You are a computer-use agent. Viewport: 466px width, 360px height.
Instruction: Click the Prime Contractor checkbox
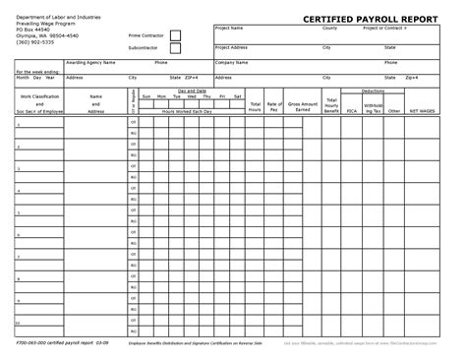[176, 35]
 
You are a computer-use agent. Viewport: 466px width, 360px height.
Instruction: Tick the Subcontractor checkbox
[176, 48]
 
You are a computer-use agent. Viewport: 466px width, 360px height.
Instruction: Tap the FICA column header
[351, 111]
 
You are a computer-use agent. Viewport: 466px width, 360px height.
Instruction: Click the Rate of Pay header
[274, 105]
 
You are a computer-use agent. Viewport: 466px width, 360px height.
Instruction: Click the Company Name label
[233, 61]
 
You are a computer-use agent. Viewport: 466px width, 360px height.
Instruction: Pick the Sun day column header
[146, 96]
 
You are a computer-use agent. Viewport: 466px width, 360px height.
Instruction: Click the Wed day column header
[192, 96]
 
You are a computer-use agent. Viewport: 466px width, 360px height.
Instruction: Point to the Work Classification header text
[40, 96]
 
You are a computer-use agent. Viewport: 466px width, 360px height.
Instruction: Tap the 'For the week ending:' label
[36, 71]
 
